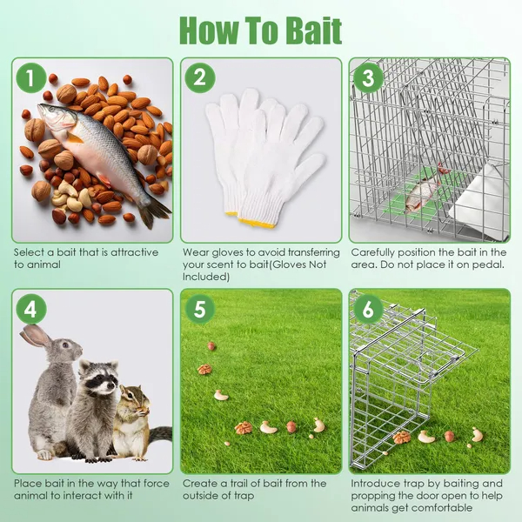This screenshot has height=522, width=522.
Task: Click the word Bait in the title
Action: click(313, 30)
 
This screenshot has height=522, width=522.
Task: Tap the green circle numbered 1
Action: click(30, 78)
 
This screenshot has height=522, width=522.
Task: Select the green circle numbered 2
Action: click(200, 78)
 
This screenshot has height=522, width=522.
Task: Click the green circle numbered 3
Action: click(368, 78)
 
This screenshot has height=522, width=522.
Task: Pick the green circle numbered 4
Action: click(30, 309)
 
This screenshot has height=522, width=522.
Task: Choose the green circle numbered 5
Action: click(200, 309)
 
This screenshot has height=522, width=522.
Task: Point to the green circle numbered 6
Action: click(368, 309)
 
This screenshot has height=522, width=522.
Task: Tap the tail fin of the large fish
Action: click(154, 212)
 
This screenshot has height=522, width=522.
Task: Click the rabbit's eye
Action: click(66, 345)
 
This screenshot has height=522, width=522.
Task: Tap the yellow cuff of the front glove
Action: click(257, 223)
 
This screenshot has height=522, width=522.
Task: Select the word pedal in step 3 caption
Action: click(492, 264)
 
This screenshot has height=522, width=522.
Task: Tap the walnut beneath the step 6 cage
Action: click(401, 437)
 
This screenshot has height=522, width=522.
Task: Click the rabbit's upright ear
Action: click(36, 335)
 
